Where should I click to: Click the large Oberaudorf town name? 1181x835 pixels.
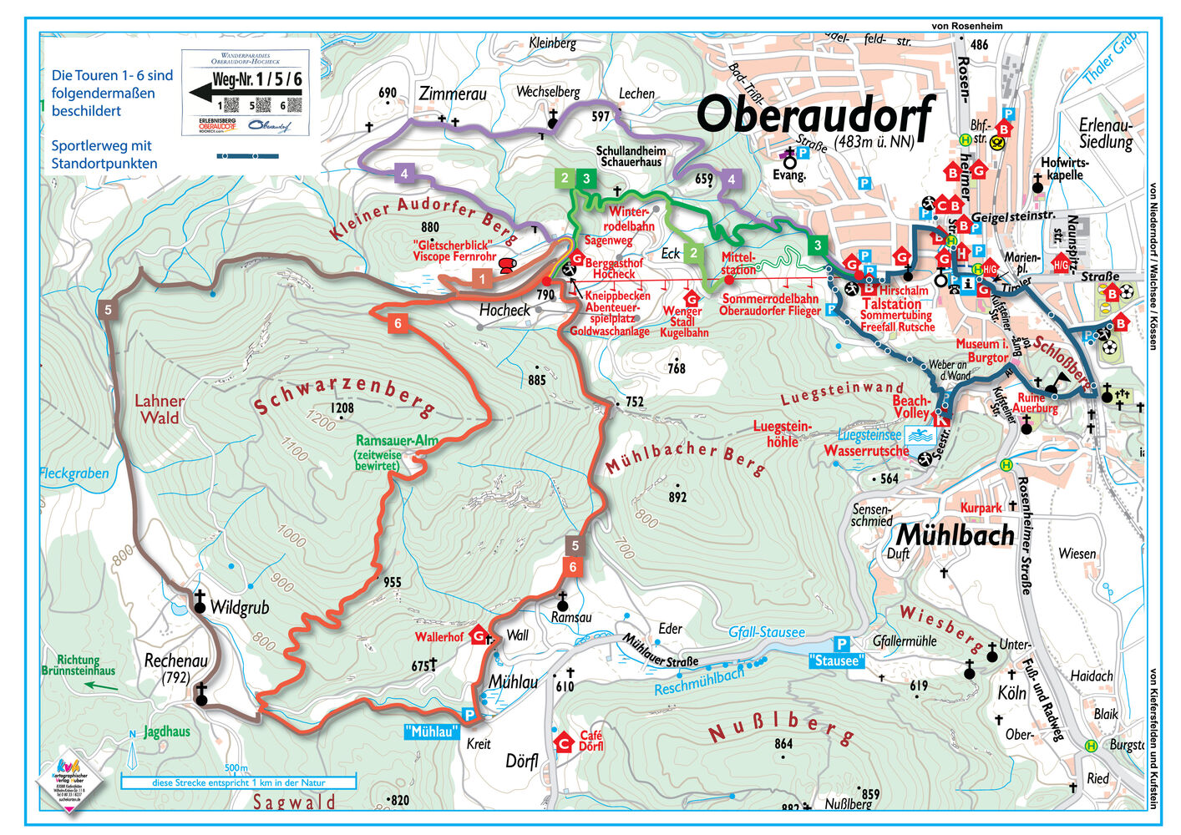pyautogui.click(x=814, y=115)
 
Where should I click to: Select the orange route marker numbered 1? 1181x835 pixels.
pyautogui.click(x=482, y=278)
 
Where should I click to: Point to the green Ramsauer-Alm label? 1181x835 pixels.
pyautogui.click(x=396, y=440)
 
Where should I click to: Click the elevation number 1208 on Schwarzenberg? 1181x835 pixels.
pyautogui.click(x=342, y=408)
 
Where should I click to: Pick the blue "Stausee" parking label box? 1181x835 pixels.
pyautogui.click(x=835, y=660)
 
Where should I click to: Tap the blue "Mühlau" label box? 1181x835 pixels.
pyautogui.click(x=432, y=731)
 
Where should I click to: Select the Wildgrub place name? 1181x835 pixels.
pyautogui.click(x=239, y=607)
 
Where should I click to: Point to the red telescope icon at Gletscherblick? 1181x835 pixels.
pyautogui.click(x=506, y=266)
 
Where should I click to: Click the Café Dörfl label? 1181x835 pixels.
pyautogui.click(x=590, y=740)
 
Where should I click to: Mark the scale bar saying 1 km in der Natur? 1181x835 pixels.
pyautogui.click(x=238, y=782)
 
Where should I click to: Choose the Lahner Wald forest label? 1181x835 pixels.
pyautogui.click(x=159, y=409)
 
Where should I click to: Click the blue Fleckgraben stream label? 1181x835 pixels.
pyautogui.click(x=74, y=473)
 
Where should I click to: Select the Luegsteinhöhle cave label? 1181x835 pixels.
pyautogui.click(x=782, y=434)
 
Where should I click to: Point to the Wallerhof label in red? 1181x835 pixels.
pyautogui.click(x=438, y=637)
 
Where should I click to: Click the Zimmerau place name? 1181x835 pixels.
pyautogui.click(x=453, y=94)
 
